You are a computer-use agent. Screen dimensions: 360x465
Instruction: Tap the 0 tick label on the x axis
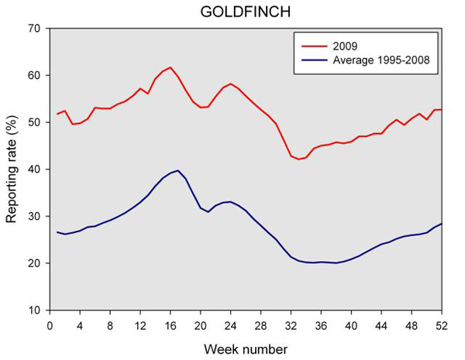tap(50, 324)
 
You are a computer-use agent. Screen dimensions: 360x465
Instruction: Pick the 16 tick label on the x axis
tap(170, 324)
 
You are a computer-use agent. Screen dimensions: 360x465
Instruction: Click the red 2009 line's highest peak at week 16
tap(170, 67)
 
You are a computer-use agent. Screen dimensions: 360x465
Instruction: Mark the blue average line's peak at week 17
tap(178, 170)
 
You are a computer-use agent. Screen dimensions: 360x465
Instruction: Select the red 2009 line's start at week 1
tap(58, 114)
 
